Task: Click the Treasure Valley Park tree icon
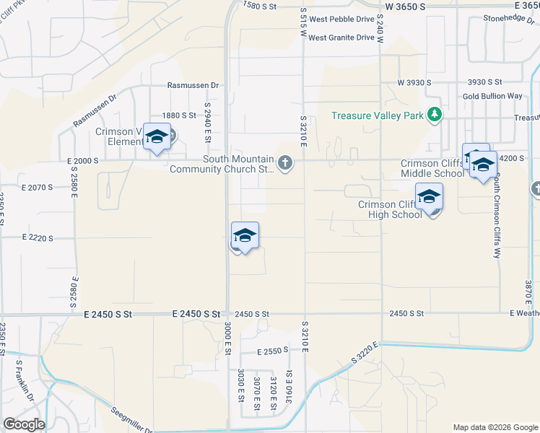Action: [434, 115]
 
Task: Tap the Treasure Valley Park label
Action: [378, 115]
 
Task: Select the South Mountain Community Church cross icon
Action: [285, 162]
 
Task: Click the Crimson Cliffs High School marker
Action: [429, 196]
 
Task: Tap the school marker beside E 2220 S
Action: [245, 235]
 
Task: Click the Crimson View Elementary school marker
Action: [157, 136]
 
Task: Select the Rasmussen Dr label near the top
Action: [193, 85]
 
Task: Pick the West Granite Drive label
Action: [341, 38]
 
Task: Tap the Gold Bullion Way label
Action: [492, 96]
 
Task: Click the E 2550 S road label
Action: [272, 351]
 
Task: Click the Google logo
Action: [23, 424]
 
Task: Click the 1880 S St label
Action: [179, 115]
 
